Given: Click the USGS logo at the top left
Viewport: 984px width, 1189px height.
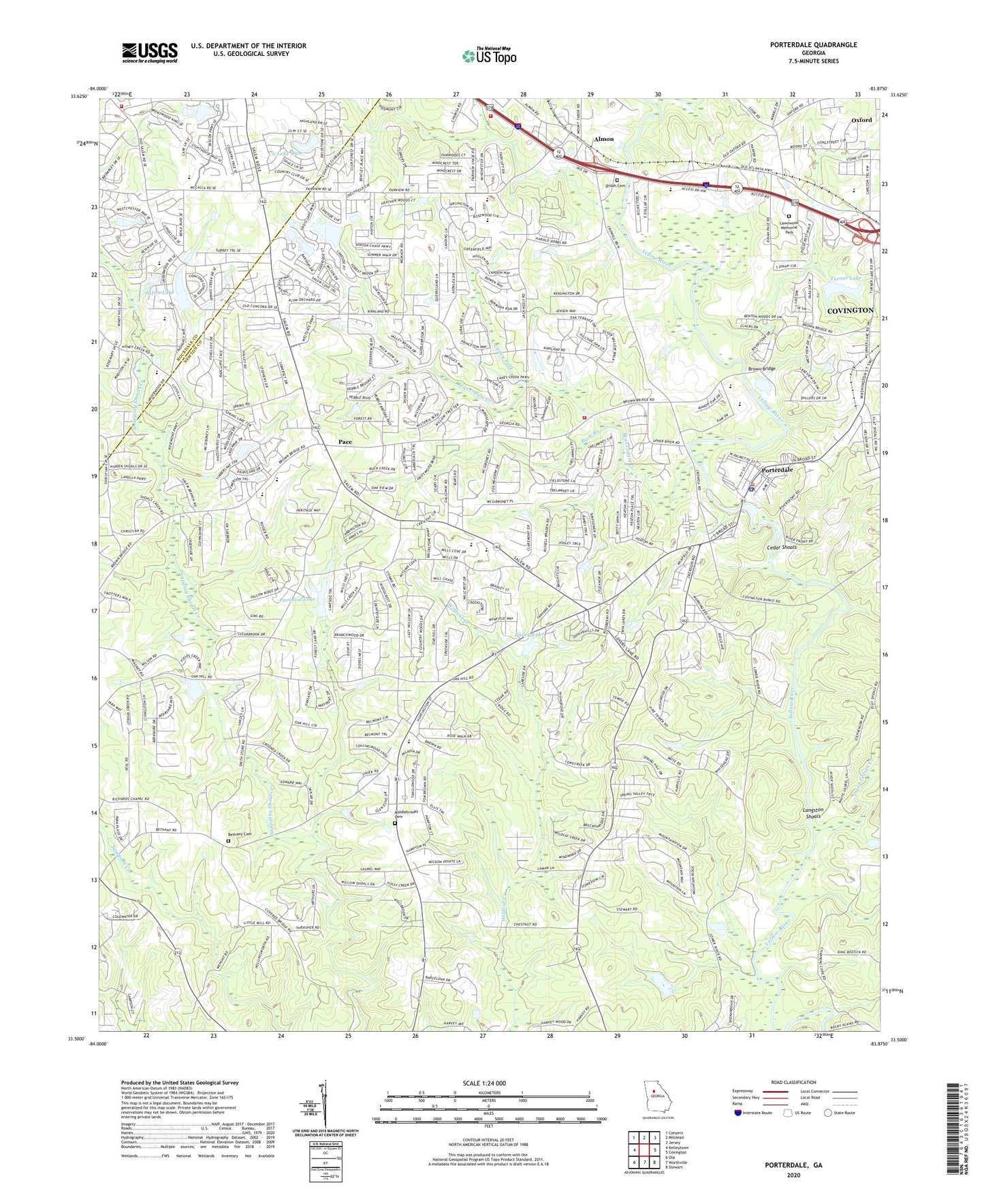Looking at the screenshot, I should (149, 52).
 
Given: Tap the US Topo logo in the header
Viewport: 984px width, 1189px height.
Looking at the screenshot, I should (488, 56).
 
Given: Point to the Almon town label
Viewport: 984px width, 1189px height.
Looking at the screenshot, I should (603, 139).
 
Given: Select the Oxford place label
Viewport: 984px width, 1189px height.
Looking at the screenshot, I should (861, 121).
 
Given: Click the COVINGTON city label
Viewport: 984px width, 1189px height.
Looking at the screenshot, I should (849, 310).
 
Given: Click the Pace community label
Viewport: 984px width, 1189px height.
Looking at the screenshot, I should (345, 442).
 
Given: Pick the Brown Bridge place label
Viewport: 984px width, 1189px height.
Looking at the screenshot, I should (762, 369).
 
